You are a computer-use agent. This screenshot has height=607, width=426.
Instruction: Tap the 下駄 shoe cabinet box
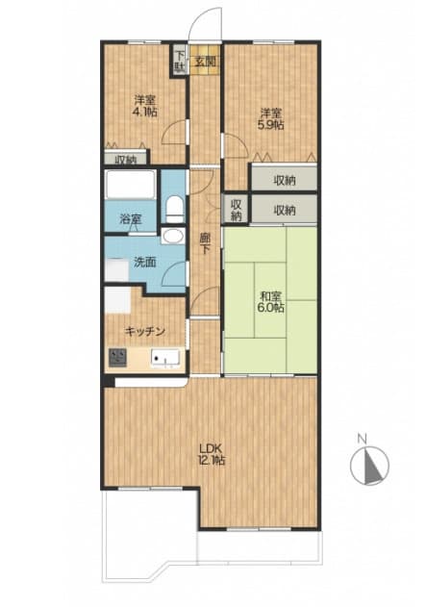(180, 62)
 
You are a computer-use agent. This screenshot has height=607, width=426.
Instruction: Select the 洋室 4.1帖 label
(145, 106)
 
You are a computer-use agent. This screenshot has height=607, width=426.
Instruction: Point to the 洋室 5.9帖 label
(271, 119)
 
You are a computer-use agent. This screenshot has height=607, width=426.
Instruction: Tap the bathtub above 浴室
(131, 185)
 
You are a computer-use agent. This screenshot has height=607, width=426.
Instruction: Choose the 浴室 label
(131, 219)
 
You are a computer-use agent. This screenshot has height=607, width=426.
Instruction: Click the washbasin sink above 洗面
(172, 236)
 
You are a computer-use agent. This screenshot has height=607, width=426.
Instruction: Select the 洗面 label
(145, 263)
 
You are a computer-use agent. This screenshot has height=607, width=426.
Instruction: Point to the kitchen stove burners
(117, 357)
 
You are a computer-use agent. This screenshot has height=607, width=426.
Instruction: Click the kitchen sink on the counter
(165, 358)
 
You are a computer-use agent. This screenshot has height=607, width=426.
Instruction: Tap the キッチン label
(145, 331)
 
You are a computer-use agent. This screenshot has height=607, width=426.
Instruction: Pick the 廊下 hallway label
(204, 244)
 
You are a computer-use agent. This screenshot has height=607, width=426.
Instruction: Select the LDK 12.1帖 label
(212, 454)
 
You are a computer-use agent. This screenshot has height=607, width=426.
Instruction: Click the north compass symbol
(369, 466)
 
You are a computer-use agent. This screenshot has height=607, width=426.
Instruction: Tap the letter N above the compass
(363, 439)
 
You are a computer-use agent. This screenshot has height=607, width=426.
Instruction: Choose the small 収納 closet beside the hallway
(236, 209)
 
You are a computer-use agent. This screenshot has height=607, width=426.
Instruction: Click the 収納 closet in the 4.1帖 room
(126, 158)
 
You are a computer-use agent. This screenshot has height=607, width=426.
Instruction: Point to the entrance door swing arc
(195, 17)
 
